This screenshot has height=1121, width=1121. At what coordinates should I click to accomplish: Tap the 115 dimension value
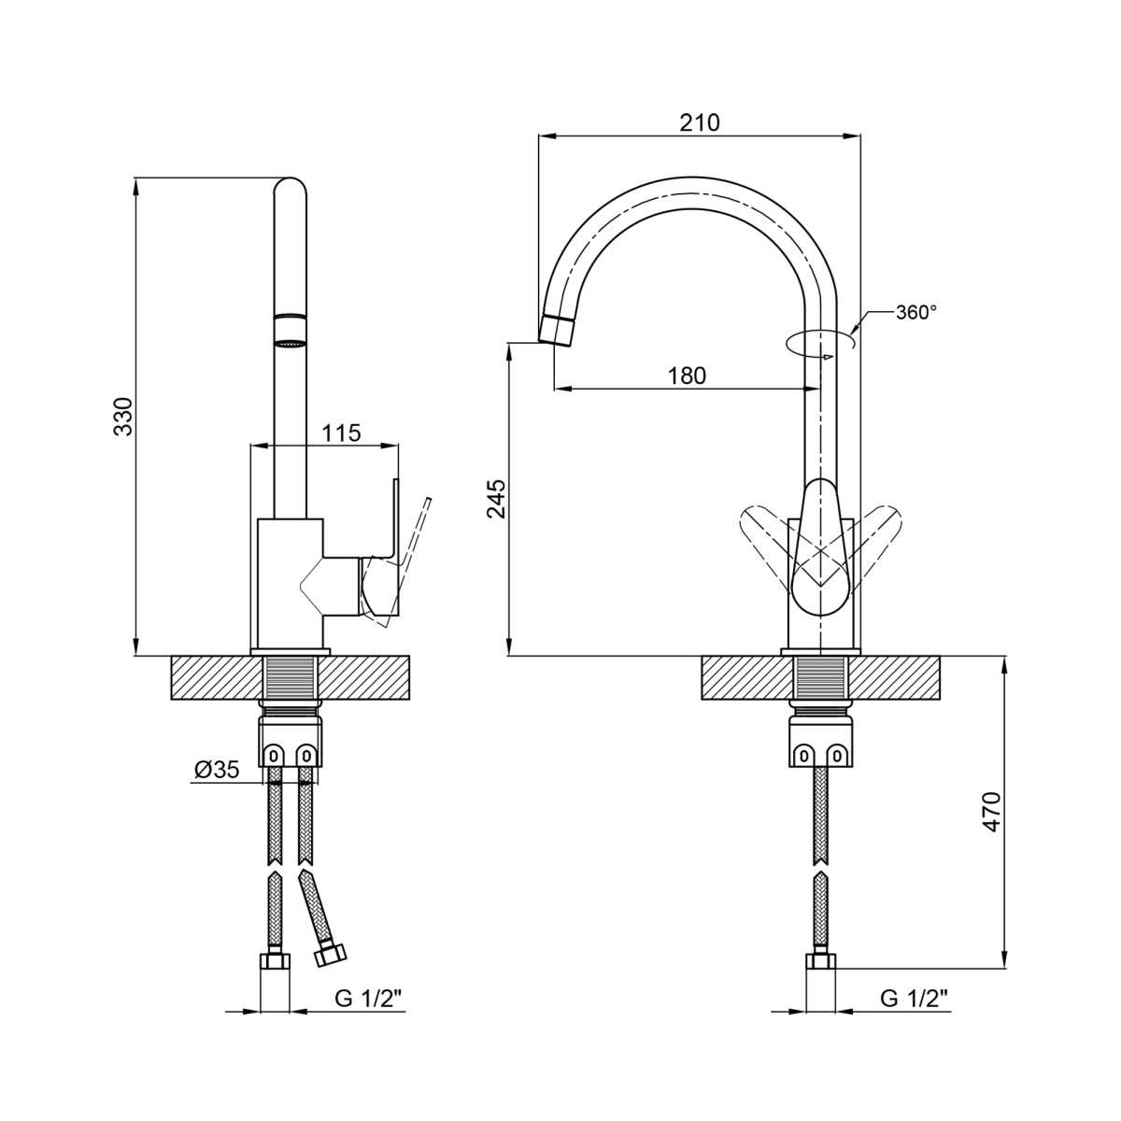pyautogui.click(x=342, y=433)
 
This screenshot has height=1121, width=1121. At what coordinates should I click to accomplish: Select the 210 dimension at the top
pyautogui.click(x=700, y=122)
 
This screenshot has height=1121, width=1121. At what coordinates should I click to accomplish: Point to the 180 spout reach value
pyautogui.click(x=687, y=376)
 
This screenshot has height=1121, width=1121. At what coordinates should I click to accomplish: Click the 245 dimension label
pyautogui.click(x=496, y=499)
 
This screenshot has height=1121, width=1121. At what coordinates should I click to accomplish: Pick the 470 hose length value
pyautogui.click(x=991, y=810)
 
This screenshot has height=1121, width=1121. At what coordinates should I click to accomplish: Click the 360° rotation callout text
pyautogui.click(x=916, y=312)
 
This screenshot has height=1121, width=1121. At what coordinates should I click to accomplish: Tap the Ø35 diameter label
pyautogui.click(x=217, y=771)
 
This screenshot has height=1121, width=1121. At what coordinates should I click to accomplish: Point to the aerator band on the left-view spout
pyautogui.click(x=289, y=330)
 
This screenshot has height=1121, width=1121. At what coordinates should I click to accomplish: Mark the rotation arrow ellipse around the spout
pyautogui.click(x=819, y=343)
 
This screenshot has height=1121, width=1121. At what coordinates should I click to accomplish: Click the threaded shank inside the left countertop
pyautogui.click(x=291, y=679)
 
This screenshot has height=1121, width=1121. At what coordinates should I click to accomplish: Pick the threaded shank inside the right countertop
pyautogui.click(x=821, y=679)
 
